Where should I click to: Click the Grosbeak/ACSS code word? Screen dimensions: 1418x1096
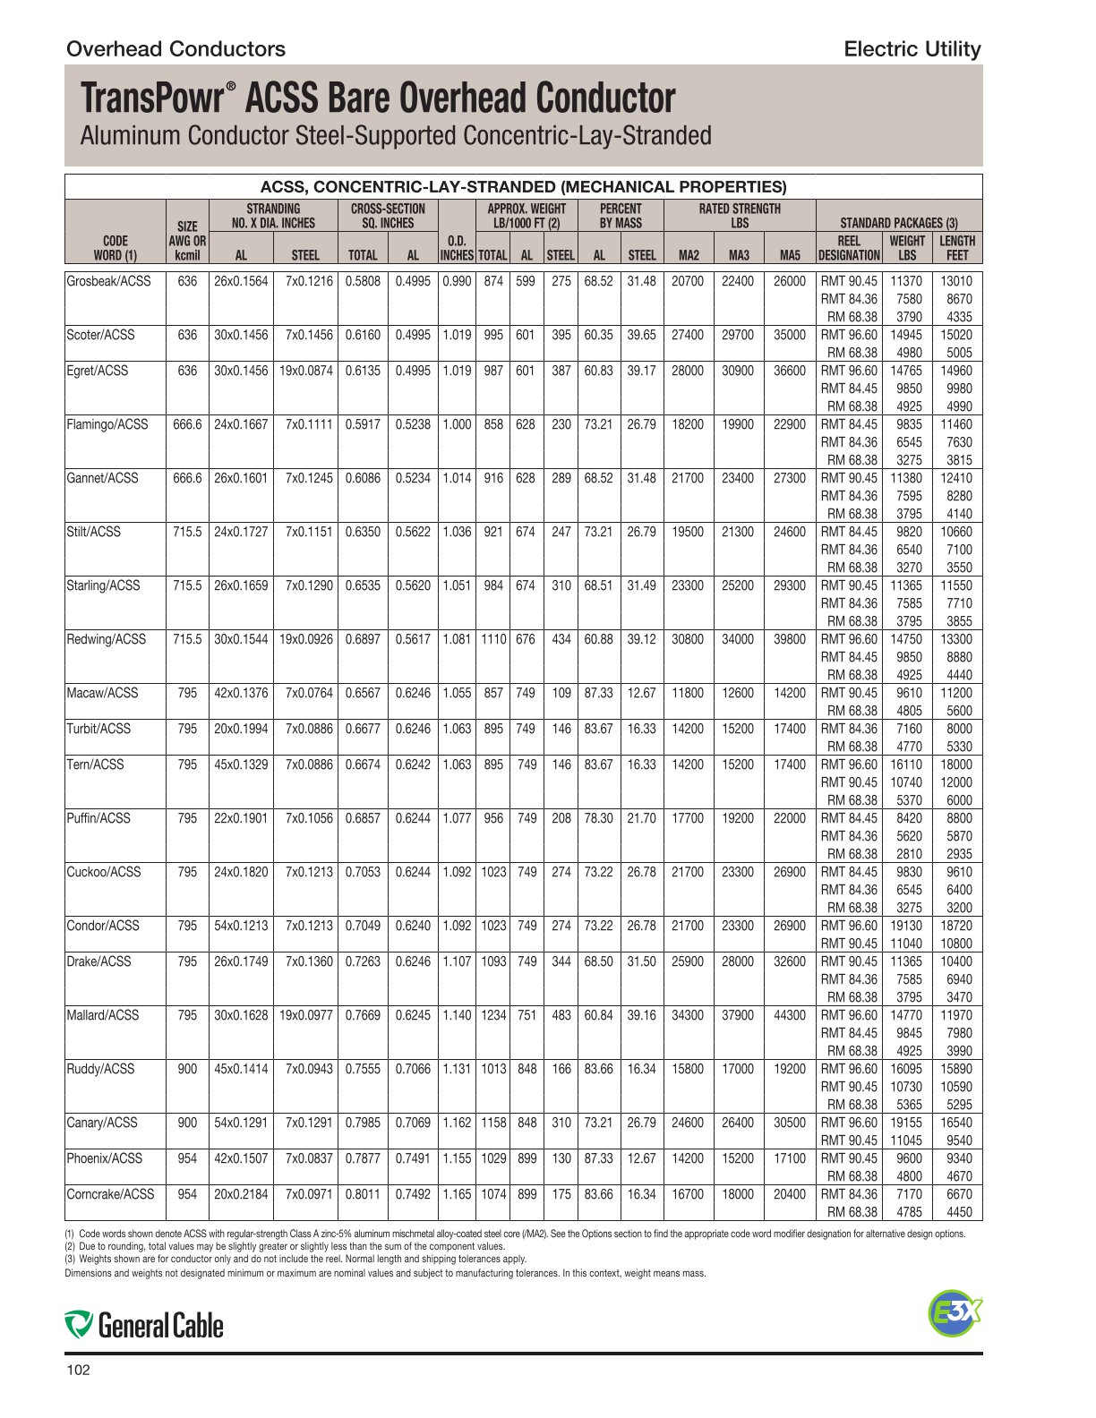109,281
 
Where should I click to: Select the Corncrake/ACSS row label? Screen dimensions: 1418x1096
110,1194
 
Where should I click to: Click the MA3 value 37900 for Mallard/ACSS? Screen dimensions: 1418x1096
738,1015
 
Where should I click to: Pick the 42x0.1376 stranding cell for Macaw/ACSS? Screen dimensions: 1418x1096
241,693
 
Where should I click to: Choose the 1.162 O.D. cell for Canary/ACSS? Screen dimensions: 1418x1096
457,1123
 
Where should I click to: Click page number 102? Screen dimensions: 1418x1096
79,1371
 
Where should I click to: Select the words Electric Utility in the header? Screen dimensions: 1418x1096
912,49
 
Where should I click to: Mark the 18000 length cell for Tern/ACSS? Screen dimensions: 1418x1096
955,765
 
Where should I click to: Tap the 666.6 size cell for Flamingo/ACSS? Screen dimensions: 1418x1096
187,424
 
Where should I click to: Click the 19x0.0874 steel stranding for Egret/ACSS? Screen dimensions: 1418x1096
305,371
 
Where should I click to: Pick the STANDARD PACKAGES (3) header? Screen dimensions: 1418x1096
898,222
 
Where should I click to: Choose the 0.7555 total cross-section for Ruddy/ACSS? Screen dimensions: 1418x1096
363,1069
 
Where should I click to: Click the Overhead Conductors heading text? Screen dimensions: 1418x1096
176,49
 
